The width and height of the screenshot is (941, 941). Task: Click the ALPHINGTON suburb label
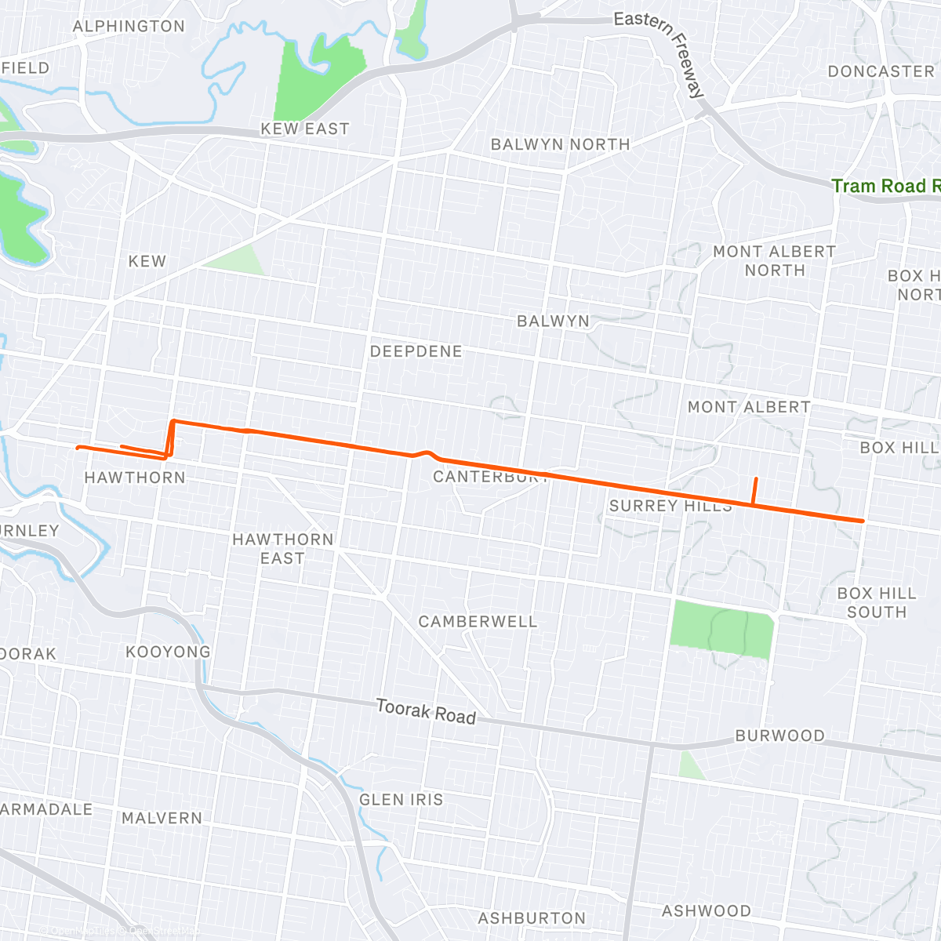(x=129, y=27)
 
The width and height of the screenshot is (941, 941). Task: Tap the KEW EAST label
(x=305, y=129)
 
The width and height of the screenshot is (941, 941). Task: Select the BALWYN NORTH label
(x=560, y=145)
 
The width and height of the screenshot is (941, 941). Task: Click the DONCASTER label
(x=881, y=71)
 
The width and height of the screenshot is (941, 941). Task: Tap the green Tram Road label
(x=885, y=187)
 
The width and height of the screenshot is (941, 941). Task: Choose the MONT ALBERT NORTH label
(x=774, y=261)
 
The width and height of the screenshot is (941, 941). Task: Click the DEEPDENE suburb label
(x=416, y=351)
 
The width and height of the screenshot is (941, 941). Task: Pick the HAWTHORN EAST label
(x=282, y=549)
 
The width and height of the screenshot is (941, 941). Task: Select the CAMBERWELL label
(x=478, y=622)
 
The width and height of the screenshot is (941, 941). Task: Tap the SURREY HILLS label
(x=670, y=507)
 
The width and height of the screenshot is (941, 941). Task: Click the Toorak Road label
(x=426, y=711)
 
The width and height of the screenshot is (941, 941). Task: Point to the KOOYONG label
(x=168, y=652)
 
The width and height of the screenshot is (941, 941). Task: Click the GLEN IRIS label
(x=401, y=800)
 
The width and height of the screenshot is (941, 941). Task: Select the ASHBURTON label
(x=532, y=918)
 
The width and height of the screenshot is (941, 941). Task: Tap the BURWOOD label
(x=779, y=736)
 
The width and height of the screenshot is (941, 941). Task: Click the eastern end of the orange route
(x=863, y=521)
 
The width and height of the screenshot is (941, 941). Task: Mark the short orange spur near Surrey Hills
(x=754, y=491)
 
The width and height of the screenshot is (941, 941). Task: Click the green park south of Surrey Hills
(x=721, y=629)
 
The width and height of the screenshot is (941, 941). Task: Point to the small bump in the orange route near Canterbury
(x=426, y=452)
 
